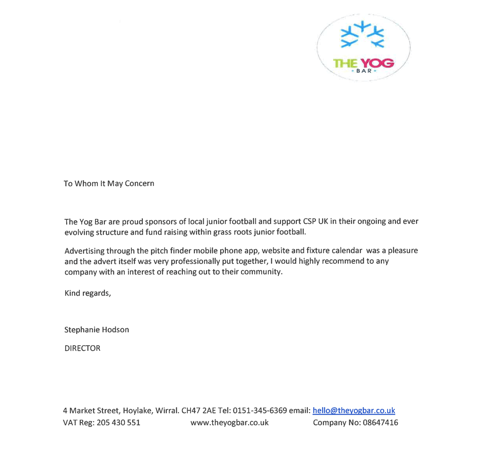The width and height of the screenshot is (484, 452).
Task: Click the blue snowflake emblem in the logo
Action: (x=363, y=35)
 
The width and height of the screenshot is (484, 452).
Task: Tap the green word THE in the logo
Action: (x=345, y=63)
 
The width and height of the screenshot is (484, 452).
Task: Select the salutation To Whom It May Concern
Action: (x=109, y=183)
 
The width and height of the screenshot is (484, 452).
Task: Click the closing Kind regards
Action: (x=87, y=293)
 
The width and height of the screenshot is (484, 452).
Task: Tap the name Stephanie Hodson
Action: (x=96, y=330)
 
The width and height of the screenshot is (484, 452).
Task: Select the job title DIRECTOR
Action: (x=82, y=348)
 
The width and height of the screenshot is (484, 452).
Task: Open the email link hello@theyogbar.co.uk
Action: (x=354, y=410)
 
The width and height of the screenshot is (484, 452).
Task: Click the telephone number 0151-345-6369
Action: (x=260, y=410)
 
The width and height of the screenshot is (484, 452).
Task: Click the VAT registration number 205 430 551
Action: (x=118, y=423)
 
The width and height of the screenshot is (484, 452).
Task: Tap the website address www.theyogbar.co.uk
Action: (x=229, y=423)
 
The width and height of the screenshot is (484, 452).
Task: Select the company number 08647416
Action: (x=380, y=423)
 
